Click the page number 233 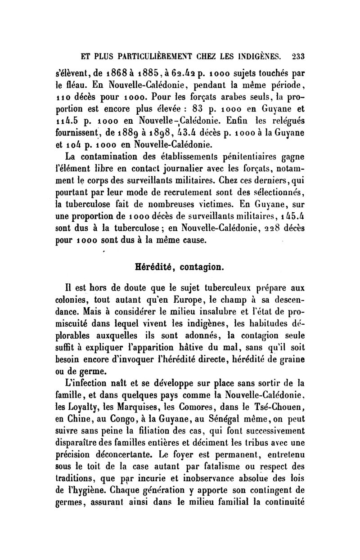[298, 57]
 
